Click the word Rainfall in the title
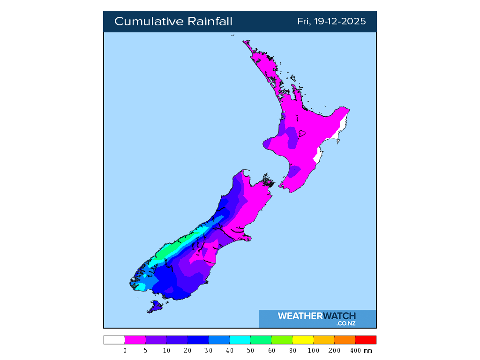pyautogui.click(x=210, y=22)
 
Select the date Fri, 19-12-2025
pyautogui.click(x=331, y=22)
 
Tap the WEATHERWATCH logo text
pyautogui.click(x=316, y=316)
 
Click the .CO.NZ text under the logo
pyautogui.click(x=345, y=323)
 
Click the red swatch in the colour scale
pyautogui.click(x=366, y=340)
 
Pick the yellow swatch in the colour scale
pyautogui.click(x=302, y=340)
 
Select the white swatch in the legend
pyautogui.click(x=114, y=340)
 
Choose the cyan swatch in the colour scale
pyautogui.click(x=240, y=340)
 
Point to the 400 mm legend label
pyautogui.click(x=361, y=351)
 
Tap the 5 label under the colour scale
pyautogui.click(x=146, y=351)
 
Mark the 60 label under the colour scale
pyautogui.click(x=271, y=351)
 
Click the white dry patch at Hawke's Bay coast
pyautogui.click(x=318, y=155)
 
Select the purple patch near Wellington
pyautogui.click(x=294, y=172)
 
